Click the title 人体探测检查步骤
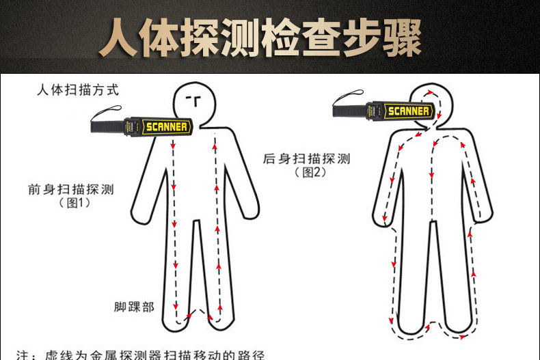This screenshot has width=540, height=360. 260,37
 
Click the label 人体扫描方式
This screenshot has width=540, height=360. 78,89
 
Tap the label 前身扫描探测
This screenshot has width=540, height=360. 71,189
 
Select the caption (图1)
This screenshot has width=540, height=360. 75,203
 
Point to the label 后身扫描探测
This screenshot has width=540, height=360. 306,158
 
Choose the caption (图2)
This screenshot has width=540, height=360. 310,172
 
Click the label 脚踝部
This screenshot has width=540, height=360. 134,307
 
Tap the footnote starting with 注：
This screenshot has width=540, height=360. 141,355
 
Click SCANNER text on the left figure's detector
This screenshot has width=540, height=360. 167,126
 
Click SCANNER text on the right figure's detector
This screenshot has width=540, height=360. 409,111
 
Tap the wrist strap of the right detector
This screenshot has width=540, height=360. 348,98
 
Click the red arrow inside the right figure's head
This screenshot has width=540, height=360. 430,92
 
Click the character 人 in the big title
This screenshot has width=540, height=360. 119,38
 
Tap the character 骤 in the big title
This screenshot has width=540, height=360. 402,38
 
